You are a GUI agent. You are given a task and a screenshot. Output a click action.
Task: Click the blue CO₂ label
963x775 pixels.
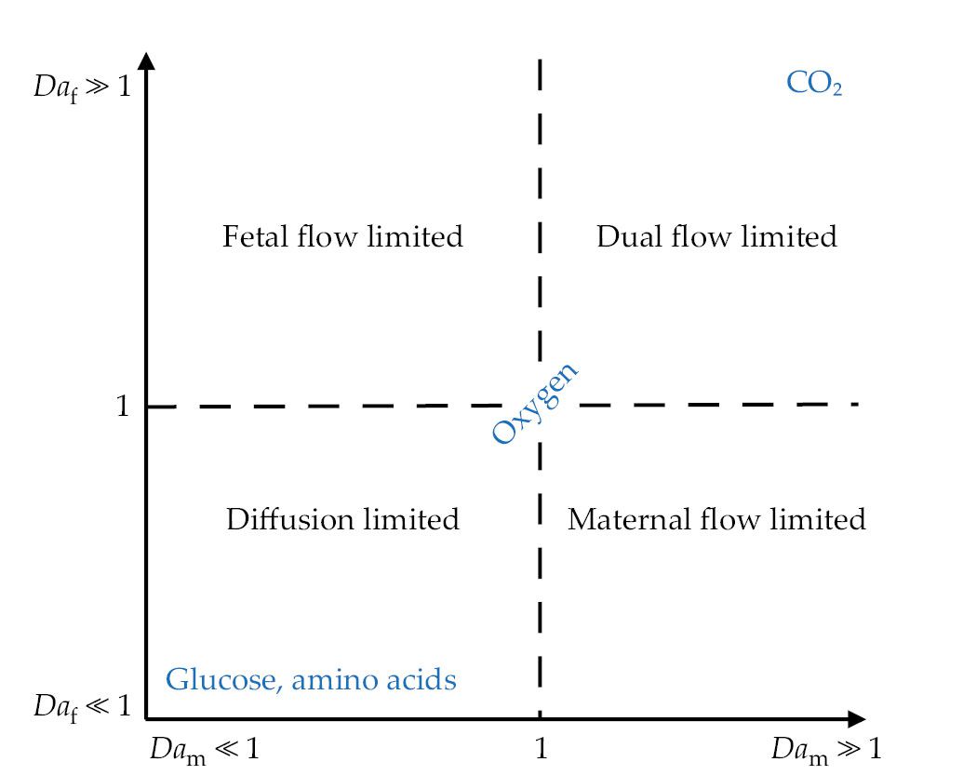814,85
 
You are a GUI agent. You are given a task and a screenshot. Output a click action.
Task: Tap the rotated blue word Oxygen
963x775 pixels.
535,405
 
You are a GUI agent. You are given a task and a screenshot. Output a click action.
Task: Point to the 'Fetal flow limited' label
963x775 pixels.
342,236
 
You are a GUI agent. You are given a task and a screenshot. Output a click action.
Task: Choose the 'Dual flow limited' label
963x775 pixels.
716,236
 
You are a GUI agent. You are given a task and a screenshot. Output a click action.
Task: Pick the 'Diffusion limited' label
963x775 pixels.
342,518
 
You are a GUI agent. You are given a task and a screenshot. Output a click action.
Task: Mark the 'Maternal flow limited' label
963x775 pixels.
716,518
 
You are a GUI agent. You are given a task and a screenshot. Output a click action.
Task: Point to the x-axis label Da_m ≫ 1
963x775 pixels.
825,750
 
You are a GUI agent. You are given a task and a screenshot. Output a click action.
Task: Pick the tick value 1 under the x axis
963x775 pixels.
540,749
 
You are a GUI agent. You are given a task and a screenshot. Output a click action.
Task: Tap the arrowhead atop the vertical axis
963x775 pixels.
147,60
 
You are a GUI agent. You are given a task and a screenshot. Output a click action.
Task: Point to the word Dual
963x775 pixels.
624,236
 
